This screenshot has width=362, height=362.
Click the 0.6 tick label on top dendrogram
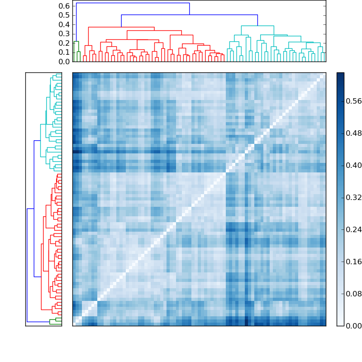65,6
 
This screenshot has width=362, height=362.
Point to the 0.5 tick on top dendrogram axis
65,15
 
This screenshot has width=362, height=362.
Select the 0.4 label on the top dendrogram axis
65,24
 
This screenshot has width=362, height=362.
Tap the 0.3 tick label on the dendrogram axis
65,34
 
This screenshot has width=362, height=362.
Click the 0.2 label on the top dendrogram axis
65,43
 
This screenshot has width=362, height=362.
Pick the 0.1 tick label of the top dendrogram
65,52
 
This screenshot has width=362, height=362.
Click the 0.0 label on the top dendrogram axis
65,62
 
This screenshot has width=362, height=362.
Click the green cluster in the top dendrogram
76,42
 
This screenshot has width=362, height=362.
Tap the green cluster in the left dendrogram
55,320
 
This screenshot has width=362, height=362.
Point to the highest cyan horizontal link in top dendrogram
257,26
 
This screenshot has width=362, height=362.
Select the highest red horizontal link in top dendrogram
121,27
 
